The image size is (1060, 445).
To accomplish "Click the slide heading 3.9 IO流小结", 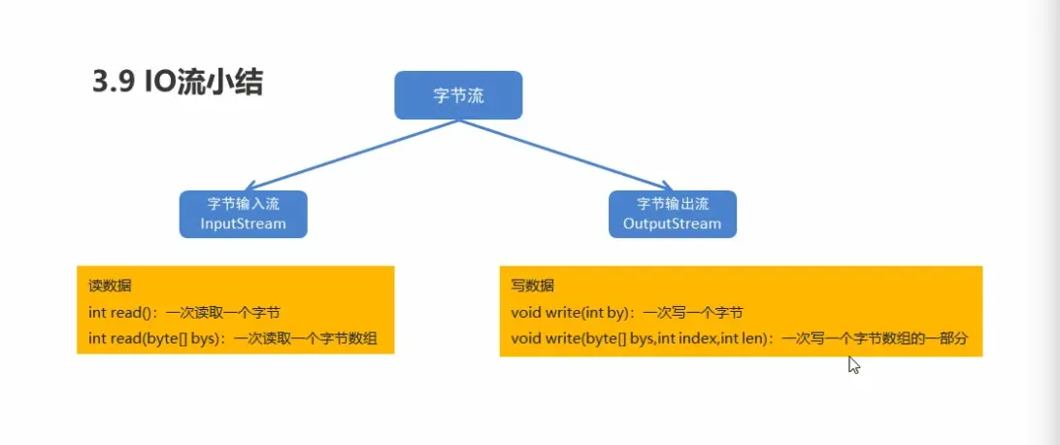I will click(177, 84).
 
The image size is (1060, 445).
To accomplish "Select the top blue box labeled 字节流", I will click(458, 95).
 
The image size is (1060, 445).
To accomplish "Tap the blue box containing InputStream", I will click(243, 214).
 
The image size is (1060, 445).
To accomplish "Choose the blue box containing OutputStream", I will click(672, 214).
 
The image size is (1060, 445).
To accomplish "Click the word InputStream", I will click(243, 223).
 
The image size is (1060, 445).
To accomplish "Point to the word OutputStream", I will click(672, 223).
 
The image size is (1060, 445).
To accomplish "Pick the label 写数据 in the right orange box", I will click(532, 287).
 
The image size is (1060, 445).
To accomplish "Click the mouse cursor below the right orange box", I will click(853, 363).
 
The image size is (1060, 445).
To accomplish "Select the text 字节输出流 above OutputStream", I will click(672, 204).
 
